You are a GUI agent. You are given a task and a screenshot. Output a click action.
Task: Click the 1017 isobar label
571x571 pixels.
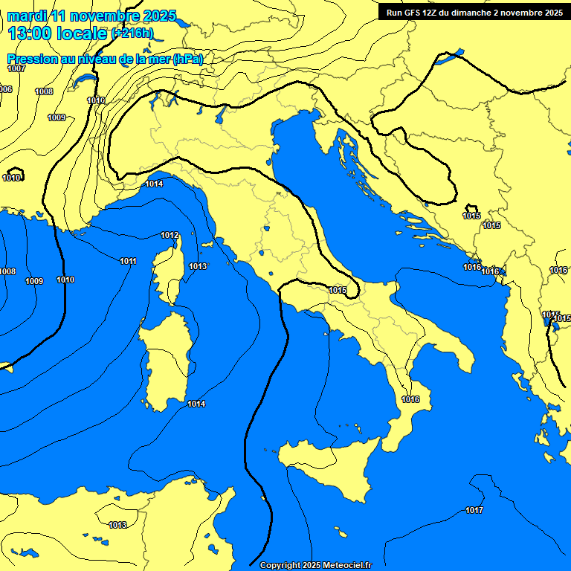coord(474,510)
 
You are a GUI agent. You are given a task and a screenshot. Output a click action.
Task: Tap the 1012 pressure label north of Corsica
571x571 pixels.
coord(170,236)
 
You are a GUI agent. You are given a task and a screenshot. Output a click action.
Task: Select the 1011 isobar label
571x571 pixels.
coord(128,261)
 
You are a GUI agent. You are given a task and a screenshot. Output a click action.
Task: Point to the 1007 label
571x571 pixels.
coord(16,69)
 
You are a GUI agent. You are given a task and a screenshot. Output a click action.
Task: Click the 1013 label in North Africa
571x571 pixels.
coord(117,525)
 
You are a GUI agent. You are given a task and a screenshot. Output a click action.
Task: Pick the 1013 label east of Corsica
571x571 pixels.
coord(198,266)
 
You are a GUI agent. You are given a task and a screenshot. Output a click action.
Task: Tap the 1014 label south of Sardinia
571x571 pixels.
coord(196,404)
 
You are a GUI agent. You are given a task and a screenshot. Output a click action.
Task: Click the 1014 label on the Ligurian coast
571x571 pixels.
coord(154,184)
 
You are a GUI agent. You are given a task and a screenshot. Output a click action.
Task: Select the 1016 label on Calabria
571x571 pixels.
coord(410,399)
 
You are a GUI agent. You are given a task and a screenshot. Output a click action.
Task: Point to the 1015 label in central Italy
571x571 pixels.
coord(338,290)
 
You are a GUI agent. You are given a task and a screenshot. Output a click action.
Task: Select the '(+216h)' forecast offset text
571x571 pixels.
coord(132,33)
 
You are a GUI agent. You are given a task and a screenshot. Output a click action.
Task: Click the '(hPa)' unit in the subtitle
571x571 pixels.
coord(187,59)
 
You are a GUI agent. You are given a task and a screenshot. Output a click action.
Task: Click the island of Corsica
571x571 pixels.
coord(171,271)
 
